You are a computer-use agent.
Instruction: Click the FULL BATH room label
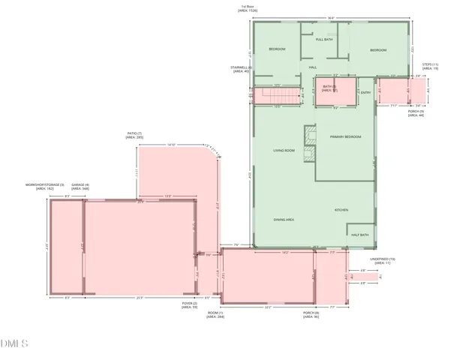click(324, 39)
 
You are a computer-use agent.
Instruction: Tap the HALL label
click(313, 67)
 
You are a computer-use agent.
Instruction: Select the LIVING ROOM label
click(284, 151)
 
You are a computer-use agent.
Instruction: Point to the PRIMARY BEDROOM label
click(345, 136)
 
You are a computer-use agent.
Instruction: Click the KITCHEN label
click(341, 210)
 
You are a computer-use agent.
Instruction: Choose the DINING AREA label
click(283, 219)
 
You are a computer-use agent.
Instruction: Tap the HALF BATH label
click(359, 235)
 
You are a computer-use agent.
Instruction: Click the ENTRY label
click(365, 92)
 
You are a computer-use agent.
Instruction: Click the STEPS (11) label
click(430, 65)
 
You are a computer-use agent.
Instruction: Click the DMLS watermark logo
click(14, 343)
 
